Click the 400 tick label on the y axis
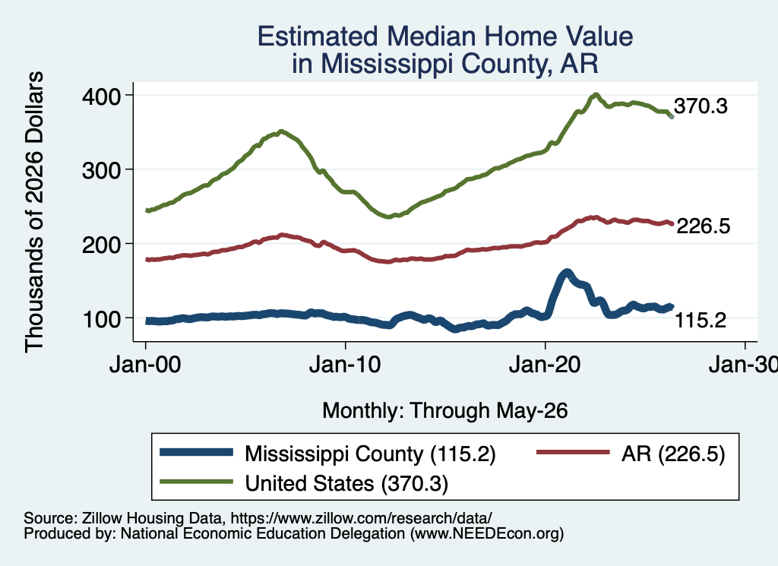pos(101,96)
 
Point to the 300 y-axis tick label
pos(101,171)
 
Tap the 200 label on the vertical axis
pos(101,245)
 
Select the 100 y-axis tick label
pos(101,319)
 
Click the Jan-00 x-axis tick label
pos(145,365)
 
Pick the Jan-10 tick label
pos(346,365)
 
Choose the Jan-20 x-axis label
pos(545,365)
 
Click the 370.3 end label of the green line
pos(701,106)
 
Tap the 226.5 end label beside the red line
pos(703,226)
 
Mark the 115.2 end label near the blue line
pos(701,321)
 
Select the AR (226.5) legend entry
pos(673,454)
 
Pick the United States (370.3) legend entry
pos(346,483)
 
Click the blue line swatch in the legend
pos(197,452)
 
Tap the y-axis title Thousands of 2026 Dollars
pos(34,212)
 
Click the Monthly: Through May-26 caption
pos(445,411)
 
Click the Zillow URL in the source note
pos(361,518)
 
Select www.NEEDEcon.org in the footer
pos(487,534)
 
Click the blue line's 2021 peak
pos(567,273)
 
